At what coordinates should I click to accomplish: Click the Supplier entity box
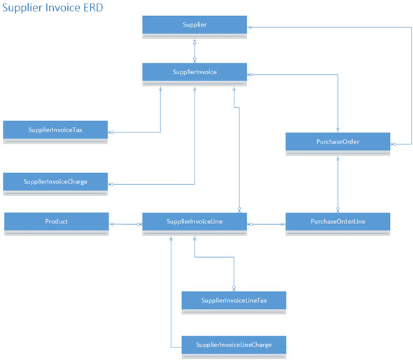tap(195, 27)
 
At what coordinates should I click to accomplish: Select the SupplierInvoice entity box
tap(195, 74)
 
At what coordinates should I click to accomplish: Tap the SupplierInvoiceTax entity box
tap(55, 132)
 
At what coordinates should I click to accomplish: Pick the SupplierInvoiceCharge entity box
tap(55, 184)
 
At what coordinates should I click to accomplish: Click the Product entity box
tap(57, 224)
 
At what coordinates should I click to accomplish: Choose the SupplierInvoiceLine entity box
tap(195, 224)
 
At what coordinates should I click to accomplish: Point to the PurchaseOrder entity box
tap(338, 144)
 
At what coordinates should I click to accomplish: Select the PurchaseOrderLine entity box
tap(338, 224)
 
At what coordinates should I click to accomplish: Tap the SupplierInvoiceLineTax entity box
tap(234, 303)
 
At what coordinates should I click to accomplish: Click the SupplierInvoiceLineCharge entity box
tap(234, 347)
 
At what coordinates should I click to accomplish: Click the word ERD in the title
tap(93, 8)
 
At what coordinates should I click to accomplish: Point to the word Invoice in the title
tap(63, 8)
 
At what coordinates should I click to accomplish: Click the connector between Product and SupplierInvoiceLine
tap(125, 224)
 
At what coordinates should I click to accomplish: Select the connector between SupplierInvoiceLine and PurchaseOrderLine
tap(266, 224)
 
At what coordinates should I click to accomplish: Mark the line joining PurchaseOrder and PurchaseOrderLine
tap(338, 184)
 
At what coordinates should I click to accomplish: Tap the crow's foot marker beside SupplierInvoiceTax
tap(111, 132)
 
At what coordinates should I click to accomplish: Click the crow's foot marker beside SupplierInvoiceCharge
tap(111, 184)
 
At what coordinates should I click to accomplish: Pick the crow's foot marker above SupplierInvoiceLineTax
tap(234, 289)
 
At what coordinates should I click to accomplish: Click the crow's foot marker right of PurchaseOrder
tap(393, 144)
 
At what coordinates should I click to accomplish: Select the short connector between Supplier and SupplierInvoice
tap(195, 51)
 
